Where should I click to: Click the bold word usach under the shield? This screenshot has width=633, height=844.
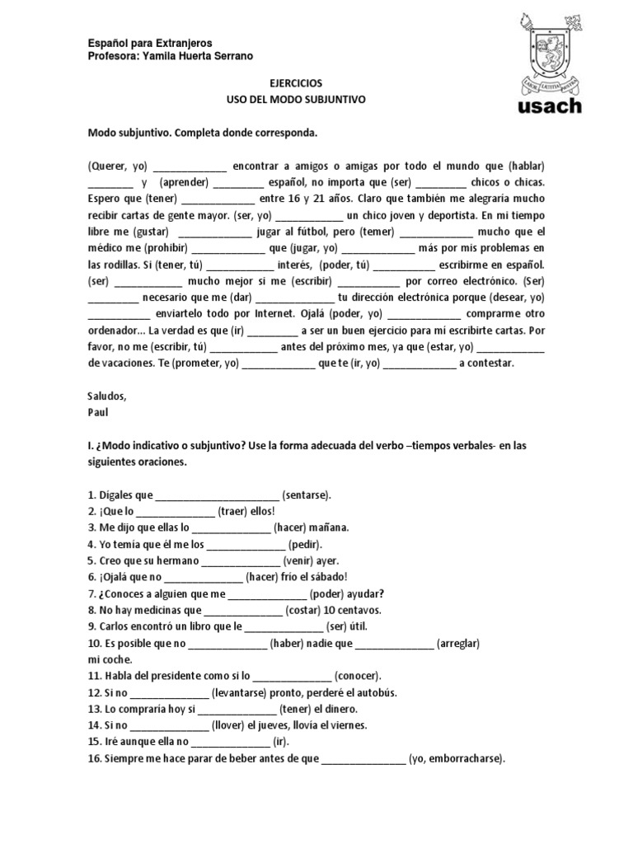pyautogui.click(x=550, y=105)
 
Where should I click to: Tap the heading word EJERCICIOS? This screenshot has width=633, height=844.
pyautogui.click(x=296, y=84)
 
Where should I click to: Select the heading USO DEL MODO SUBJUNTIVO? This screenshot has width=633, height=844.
pyautogui.click(x=296, y=99)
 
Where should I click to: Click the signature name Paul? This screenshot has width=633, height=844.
pyautogui.click(x=97, y=410)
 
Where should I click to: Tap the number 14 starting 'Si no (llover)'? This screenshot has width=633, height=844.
pyautogui.click(x=94, y=725)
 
